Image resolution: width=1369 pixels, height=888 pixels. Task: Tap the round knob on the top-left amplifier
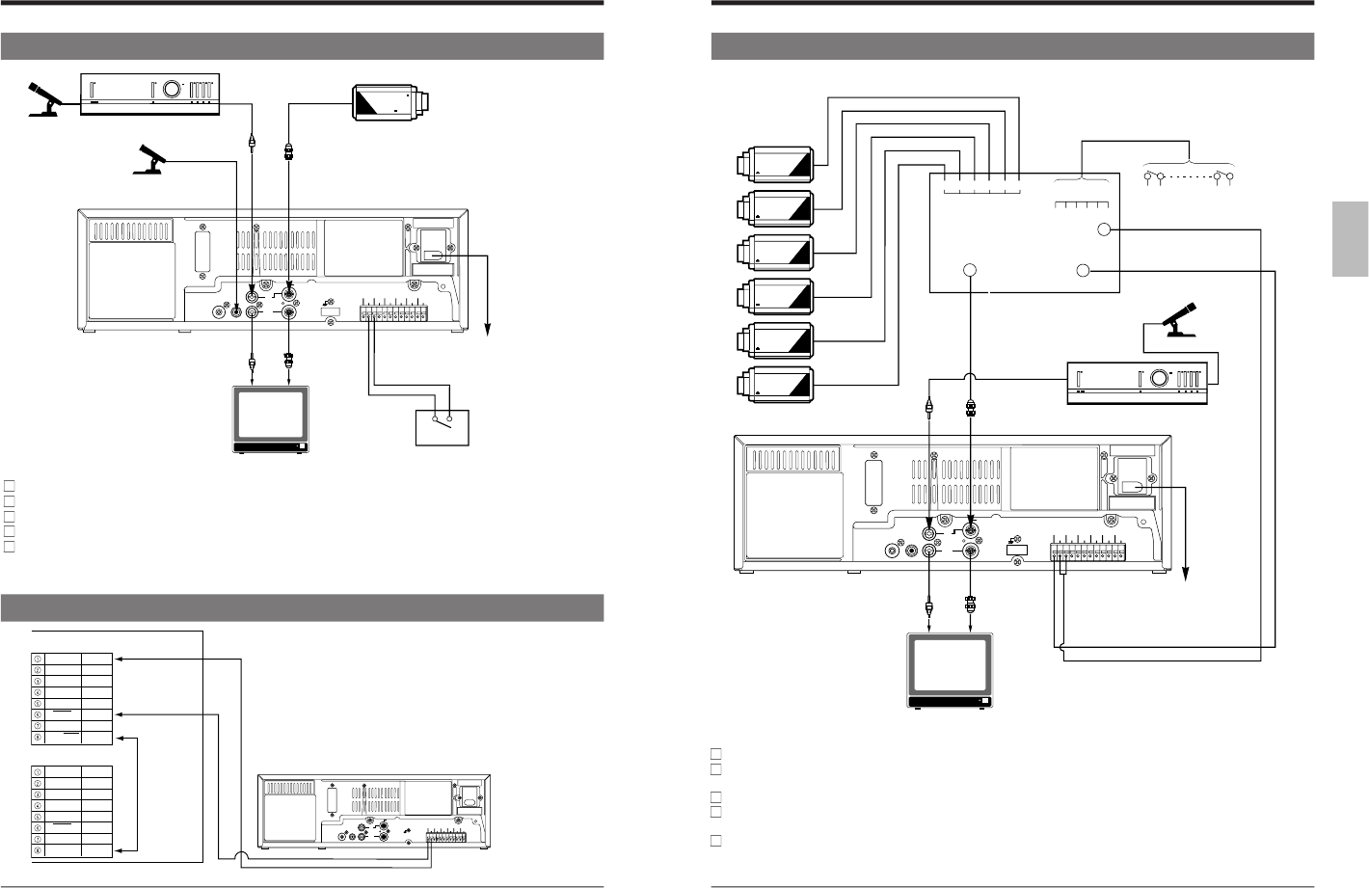172,90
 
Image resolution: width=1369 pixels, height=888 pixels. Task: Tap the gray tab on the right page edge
1350,239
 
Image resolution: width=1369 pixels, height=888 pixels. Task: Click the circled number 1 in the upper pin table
38,659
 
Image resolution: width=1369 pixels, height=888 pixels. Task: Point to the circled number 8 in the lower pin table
38,851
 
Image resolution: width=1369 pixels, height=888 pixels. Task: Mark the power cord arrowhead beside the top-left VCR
489,331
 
